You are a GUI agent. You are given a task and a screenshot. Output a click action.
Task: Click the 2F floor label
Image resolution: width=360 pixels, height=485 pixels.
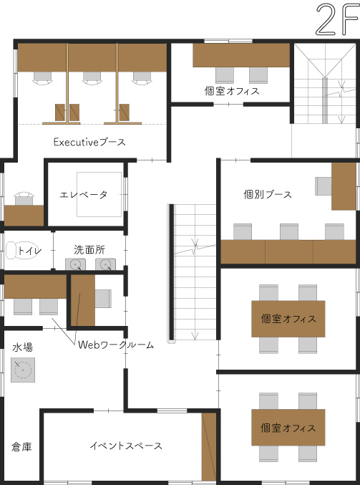(337, 19)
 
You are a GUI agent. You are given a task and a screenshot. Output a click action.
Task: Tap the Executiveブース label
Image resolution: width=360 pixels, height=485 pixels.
(89, 143)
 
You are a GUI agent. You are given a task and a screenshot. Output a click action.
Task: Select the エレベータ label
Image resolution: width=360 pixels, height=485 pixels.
(84, 195)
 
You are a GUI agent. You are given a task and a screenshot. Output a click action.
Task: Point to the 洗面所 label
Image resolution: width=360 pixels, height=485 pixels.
(89, 249)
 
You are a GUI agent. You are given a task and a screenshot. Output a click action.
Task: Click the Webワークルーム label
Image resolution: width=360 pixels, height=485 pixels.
(116, 345)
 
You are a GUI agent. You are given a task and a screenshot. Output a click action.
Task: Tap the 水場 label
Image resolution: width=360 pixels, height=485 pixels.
(22, 347)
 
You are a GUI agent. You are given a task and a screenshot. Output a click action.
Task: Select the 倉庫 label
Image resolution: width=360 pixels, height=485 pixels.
(21, 446)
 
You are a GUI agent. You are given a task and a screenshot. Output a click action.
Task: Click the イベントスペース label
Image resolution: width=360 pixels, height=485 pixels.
(126, 446)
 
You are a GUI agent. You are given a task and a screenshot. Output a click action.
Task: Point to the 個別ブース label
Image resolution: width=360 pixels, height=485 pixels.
(268, 195)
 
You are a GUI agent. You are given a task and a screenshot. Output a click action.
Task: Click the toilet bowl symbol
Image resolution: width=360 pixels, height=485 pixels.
(15, 250)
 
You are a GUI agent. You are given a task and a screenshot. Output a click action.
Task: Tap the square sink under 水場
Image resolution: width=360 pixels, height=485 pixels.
(23, 370)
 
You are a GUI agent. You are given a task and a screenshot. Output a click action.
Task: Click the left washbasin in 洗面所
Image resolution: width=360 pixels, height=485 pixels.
(75, 264)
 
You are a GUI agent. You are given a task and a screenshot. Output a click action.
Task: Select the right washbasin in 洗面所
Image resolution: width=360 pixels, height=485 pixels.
(105, 264)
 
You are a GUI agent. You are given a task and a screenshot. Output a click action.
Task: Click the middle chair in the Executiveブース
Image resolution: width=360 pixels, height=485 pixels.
(92, 77)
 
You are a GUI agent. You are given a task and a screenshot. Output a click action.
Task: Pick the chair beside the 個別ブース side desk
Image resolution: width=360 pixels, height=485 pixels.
(323, 186)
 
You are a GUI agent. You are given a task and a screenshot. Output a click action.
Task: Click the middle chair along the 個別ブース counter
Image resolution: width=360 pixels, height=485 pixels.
(289, 231)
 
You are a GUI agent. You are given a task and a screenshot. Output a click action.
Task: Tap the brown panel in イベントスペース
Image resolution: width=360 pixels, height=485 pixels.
(209, 446)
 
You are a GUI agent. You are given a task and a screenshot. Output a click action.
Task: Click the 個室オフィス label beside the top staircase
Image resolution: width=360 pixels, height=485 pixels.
(232, 91)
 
